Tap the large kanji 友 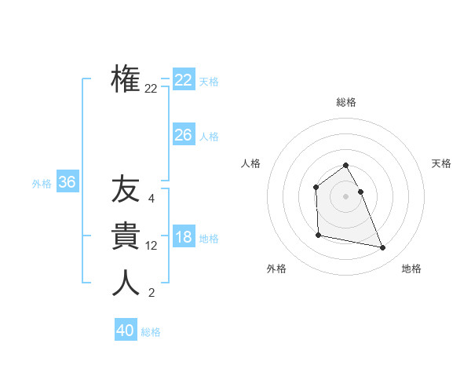(126, 189)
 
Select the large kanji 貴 (126, 236)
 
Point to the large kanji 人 (126, 283)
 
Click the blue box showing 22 (183, 80)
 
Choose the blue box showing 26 (183, 135)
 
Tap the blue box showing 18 (183, 237)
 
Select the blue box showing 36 (67, 183)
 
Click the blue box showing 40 (126, 331)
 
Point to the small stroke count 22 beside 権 (151, 89)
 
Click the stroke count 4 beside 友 (151, 199)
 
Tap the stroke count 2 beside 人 (151, 294)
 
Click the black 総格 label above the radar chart (346, 102)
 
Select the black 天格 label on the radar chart (442, 163)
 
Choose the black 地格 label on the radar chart (411, 269)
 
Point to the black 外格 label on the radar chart (276, 269)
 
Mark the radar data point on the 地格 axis (383, 248)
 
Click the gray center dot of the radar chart (346, 196)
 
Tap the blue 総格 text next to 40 (151, 332)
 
